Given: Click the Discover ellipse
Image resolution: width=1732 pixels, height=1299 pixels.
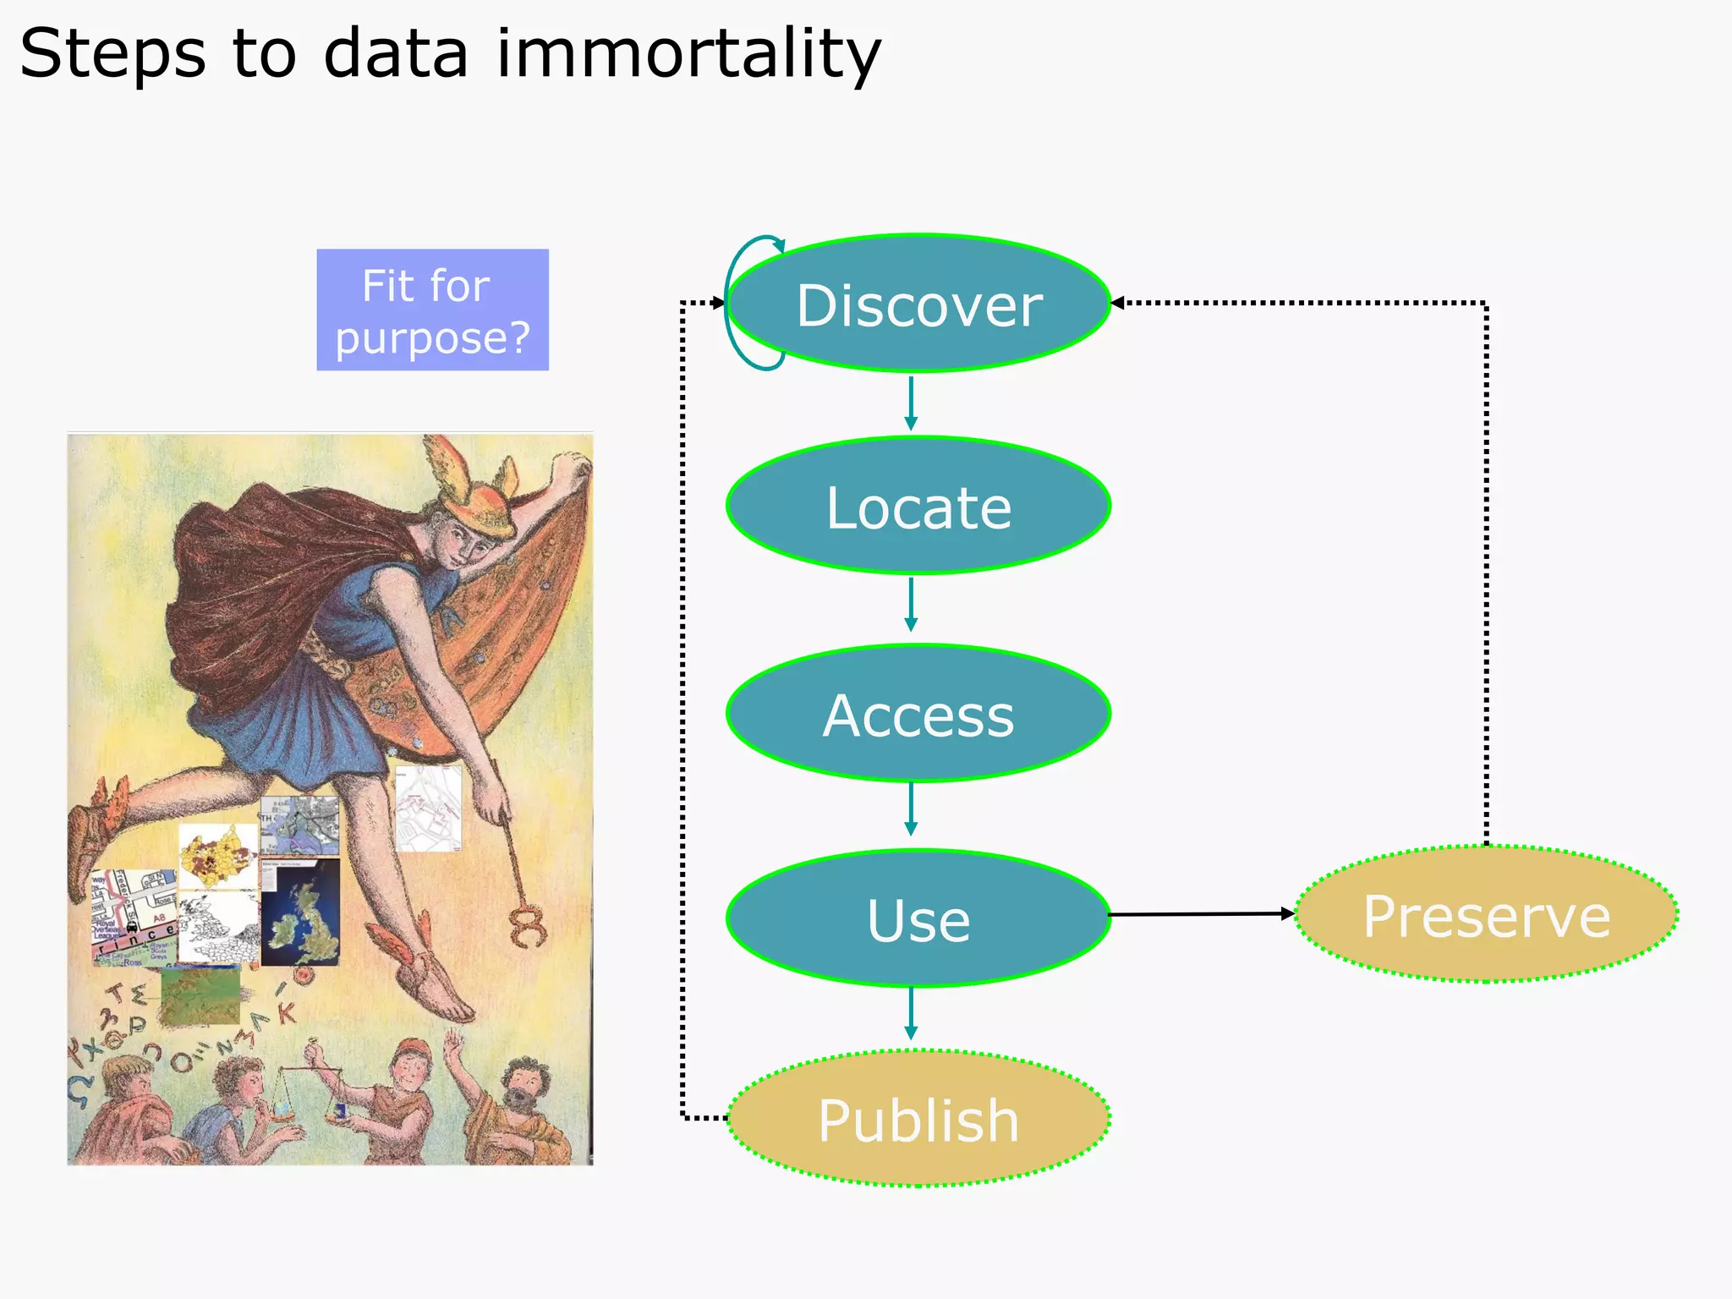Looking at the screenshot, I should [x=918, y=304].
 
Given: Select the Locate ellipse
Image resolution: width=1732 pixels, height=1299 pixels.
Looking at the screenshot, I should [x=918, y=507].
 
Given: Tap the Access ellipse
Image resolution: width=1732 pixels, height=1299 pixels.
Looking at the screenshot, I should [x=918, y=714].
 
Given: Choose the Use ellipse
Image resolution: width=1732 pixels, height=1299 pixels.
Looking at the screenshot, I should [x=918, y=918].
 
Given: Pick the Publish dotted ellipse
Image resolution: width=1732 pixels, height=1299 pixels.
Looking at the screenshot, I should [x=918, y=1119].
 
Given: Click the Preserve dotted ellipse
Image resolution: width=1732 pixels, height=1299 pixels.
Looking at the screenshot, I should [x=1486, y=915].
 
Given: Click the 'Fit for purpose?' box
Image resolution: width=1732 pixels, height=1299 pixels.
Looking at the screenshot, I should [x=432, y=310].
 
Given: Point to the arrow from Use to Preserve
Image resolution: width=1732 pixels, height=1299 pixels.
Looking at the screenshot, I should [x=1201, y=914].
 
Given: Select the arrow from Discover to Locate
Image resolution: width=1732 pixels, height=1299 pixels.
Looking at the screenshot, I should [x=911, y=403].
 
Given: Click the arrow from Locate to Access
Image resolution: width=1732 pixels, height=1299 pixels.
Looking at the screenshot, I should [x=911, y=605].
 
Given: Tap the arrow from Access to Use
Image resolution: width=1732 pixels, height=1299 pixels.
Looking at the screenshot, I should [x=911, y=809].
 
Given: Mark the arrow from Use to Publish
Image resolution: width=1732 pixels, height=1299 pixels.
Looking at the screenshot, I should [x=911, y=1013].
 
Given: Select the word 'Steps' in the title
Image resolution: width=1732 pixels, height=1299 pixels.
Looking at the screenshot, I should [x=112, y=54].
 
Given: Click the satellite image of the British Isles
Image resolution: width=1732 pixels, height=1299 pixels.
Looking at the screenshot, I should [x=300, y=913].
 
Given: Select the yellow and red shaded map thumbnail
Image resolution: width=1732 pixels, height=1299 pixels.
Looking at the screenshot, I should [x=217, y=856].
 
